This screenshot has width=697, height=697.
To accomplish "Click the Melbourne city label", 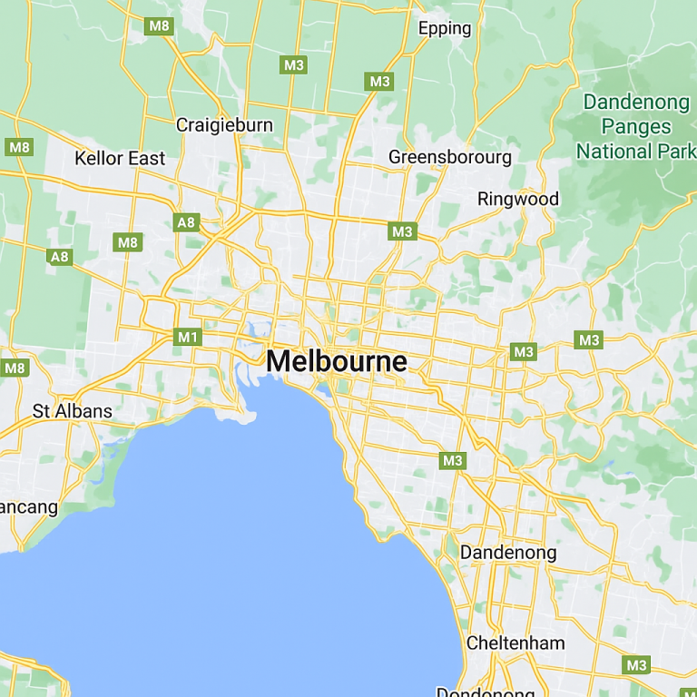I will (x=337, y=361).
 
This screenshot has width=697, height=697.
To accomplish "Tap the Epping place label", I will (x=445, y=28).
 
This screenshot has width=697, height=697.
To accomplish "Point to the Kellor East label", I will (x=120, y=158).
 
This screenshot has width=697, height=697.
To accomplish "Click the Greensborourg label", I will (x=450, y=157).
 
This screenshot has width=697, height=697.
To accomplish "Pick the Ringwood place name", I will (x=518, y=199).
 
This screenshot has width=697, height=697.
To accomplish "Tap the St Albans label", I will (x=73, y=411).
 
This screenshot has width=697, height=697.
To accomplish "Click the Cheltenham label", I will (x=515, y=643).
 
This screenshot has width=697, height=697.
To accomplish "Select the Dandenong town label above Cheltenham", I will (x=508, y=552).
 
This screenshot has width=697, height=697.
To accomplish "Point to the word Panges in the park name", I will (x=636, y=126).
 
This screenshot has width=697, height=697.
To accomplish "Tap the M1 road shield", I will (x=188, y=338).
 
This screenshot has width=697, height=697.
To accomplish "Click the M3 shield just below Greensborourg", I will (x=402, y=231).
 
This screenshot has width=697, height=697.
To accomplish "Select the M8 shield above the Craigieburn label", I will (x=159, y=25).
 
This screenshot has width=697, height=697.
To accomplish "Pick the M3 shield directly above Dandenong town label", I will (x=452, y=460).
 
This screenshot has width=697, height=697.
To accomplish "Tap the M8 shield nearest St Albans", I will (x=15, y=368).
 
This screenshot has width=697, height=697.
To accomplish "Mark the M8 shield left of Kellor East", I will (x=18, y=147).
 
